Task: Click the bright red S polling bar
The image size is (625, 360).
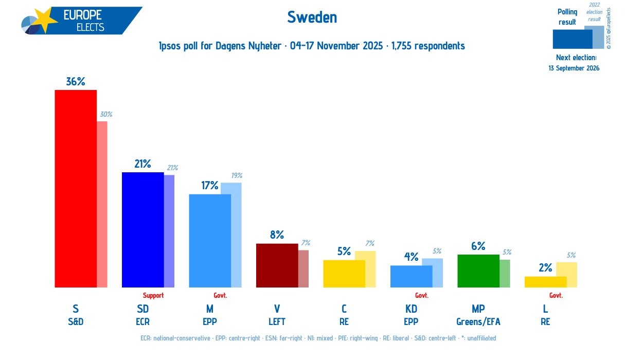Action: coord(76,188)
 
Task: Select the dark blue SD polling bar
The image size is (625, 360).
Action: coord(142,229)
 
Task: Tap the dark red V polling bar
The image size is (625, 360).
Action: coord(277,265)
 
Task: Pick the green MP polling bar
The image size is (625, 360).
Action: coord(478,271)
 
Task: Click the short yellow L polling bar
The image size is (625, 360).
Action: coord(545,282)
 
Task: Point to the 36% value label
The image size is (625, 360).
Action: coord(75,81)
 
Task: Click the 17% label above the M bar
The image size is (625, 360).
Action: coord(210,186)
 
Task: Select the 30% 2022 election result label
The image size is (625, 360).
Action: coord(106,114)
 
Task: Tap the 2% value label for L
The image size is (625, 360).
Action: coord(545,267)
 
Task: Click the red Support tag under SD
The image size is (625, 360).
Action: coord(153,295)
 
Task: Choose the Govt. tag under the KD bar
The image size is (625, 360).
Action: coord(422,295)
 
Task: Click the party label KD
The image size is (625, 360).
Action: coord(411,309)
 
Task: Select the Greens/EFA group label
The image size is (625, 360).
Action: coord(478,322)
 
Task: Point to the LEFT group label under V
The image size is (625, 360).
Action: coord(277,322)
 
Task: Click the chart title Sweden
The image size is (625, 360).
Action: coord(312,17)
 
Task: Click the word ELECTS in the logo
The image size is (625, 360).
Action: coord(90,27)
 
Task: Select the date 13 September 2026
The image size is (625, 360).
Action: coord(574,68)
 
